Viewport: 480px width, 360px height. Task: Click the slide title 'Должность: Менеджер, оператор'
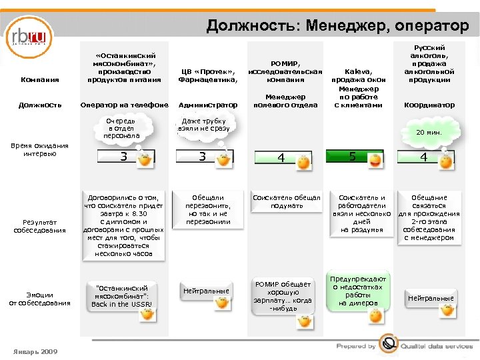(337, 25)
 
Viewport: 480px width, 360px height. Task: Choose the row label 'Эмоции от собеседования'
(41, 299)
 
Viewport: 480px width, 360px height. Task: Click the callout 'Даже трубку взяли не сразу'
(204, 126)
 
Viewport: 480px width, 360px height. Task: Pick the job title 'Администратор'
(208, 105)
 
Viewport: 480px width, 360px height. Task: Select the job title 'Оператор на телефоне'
(123, 105)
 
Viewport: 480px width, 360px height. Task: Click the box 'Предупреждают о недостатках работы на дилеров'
(358, 291)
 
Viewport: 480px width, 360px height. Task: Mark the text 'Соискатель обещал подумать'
(287, 201)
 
